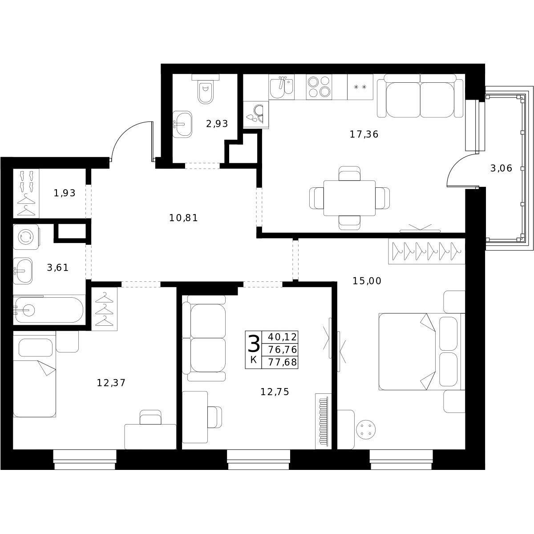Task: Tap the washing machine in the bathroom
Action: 26,237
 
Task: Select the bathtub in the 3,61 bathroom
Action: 49,310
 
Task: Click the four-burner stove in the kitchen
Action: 319,87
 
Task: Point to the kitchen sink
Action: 281,87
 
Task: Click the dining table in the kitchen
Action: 349,198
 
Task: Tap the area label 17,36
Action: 364,135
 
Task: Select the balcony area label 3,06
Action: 501,168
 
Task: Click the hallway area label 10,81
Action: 183,218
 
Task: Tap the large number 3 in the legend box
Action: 254,343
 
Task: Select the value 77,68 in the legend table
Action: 283,362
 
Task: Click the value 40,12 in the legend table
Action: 283,337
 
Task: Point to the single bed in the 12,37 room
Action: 35,374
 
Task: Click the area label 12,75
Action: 275,392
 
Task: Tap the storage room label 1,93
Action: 65,193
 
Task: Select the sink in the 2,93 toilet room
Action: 182,124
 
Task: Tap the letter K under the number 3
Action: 253,360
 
